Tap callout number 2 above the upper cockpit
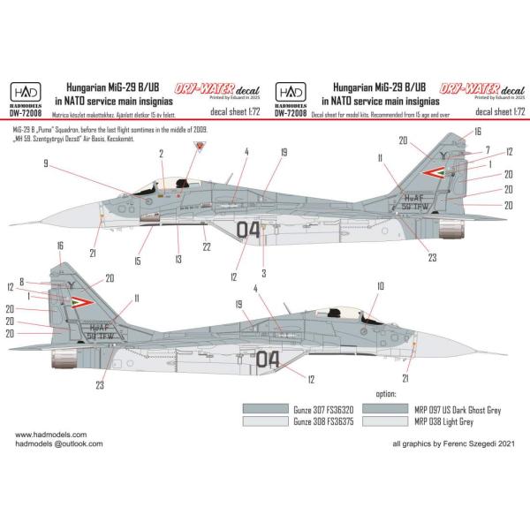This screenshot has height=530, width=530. pos(162,152)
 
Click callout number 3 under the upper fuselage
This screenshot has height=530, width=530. pos(264,275)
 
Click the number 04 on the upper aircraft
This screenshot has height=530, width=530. pos(249,231)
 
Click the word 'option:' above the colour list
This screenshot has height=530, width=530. pos(389,393)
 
